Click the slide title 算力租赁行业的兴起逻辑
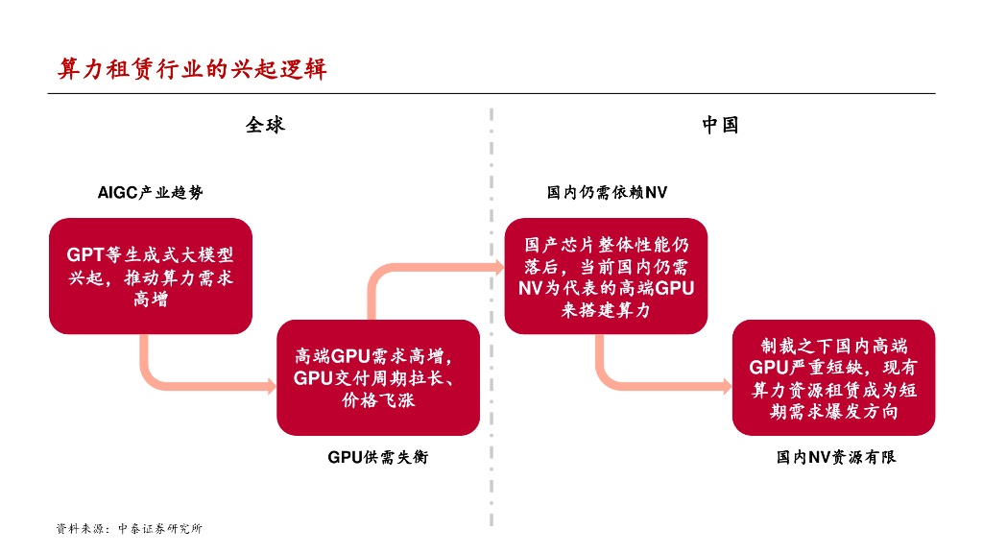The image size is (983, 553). point(192,69)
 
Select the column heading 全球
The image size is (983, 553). point(265,125)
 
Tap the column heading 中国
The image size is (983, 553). point(720,125)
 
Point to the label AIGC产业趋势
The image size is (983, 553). point(151,193)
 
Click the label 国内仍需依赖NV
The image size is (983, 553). point(607,193)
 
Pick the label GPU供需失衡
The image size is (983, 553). point(378,457)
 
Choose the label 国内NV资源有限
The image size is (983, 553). point(836,458)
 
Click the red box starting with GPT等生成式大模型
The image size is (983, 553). point(151,276)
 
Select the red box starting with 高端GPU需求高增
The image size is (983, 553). point(378,377)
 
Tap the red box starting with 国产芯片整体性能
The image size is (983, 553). point(606,276)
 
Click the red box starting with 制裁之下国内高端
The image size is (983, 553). point(833,377)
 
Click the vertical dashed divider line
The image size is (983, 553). point(491,317)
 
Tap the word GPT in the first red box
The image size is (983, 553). point(84,255)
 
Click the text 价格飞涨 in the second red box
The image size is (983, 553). point(378,400)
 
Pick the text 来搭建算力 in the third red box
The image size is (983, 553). point(606,309)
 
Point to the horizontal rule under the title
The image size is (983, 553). point(491,93)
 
